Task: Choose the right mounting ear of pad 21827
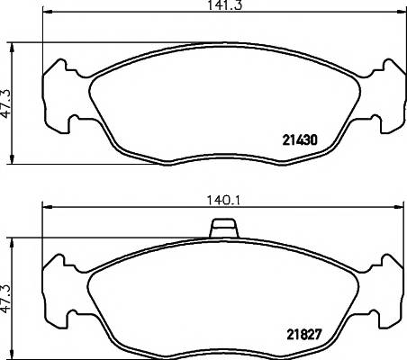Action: pos(384,287)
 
